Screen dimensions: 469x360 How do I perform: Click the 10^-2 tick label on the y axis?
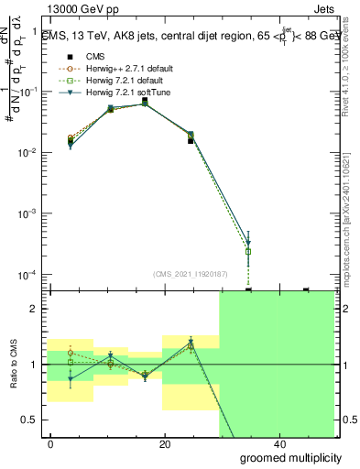pyautogui.click(x=29, y=153)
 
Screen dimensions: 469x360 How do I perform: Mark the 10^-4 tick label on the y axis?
pyautogui.click(x=29, y=275)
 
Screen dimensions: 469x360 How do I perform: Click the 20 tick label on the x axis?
pyautogui.click(x=165, y=443)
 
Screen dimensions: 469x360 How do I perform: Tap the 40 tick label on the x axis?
pyautogui.click(x=278, y=443)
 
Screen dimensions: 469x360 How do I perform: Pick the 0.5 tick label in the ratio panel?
pyautogui.click(x=31, y=420)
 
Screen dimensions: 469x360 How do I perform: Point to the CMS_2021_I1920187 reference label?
pyautogui.click(x=190, y=273)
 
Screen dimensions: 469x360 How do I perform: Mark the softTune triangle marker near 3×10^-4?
pyautogui.click(x=248, y=244)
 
